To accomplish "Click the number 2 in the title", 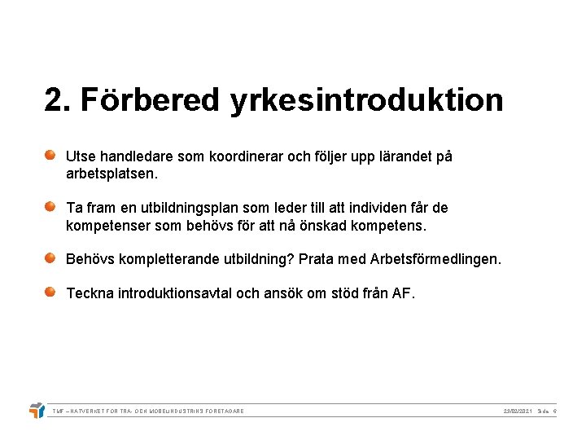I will pos(54,101).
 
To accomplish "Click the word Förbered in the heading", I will pos(150,101).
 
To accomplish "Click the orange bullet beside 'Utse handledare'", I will pos(50,154).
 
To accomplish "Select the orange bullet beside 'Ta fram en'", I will pos(50,206).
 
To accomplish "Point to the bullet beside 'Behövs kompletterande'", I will pos(50,257).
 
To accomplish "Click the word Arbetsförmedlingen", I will pos(435,260).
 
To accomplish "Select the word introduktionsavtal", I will pos(175,293).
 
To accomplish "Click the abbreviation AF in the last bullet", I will pos(402,293).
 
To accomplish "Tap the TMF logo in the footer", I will pos(37,410).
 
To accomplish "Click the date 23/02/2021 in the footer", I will pos(518,411).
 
